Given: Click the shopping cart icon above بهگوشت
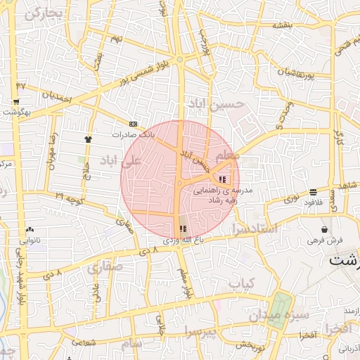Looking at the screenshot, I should [15, 102].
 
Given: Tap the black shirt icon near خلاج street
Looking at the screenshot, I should [88, 139].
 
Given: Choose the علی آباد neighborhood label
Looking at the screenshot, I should [120, 160].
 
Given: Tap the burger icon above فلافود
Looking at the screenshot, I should [312, 191].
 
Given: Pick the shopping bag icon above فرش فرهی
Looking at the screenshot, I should [324, 229].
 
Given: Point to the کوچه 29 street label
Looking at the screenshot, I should [70, 198].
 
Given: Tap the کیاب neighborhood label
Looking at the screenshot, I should [240, 283].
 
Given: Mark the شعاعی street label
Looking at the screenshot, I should [83, 342].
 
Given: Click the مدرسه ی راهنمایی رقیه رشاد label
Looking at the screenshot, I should [231, 195].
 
